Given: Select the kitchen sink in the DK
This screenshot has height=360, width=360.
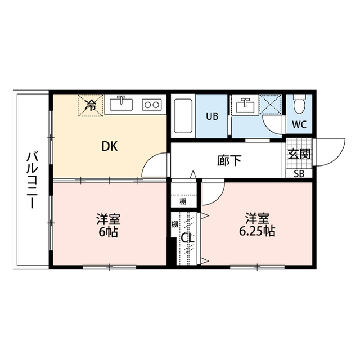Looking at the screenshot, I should [x=121, y=104].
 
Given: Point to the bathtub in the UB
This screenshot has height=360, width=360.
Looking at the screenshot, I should [x=183, y=116].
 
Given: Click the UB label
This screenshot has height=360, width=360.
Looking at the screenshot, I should [x=211, y=117].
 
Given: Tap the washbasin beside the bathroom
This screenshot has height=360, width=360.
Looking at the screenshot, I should [x=244, y=105].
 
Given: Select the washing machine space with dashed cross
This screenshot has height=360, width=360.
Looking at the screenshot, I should [x=272, y=105].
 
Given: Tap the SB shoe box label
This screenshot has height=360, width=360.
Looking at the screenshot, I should [x=299, y=173].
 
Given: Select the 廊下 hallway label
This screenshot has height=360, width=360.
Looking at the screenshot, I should [x=229, y=160].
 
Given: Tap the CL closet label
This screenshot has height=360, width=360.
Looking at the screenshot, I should [x=188, y=238].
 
